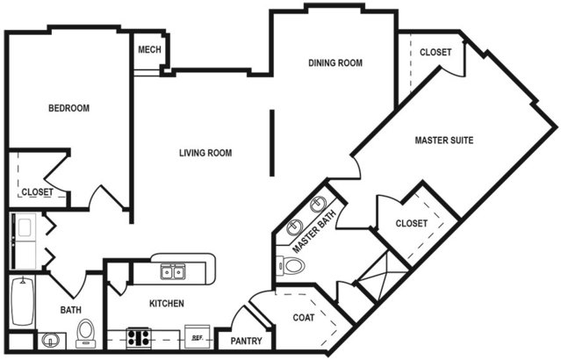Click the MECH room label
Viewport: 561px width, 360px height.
pyautogui.click(x=149, y=49)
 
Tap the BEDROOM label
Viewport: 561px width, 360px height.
pyautogui.click(x=69, y=108)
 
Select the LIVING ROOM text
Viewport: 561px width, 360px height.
pyautogui.click(x=205, y=153)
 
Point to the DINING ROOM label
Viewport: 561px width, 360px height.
pyautogui.click(x=335, y=63)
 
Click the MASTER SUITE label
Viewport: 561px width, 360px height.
pyautogui.click(x=444, y=140)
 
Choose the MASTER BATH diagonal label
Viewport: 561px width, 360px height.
pyautogui.click(x=314, y=232)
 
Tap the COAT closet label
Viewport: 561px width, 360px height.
pyautogui.click(x=304, y=318)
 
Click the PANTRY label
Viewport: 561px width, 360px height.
pyautogui.click(x=246, y=341)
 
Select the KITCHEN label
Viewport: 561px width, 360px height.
pyautogui.click(x=167, y=304)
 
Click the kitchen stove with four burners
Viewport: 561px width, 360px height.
pyautogui.click(x=139, y=338)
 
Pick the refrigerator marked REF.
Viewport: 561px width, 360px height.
pyautogui.click(x=198, y=337)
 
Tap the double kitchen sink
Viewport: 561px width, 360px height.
pyautogui.click(x=173, y=272)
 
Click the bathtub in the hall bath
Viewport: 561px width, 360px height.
pyautogui.click(x=22, y=302)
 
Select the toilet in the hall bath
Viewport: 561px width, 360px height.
pyautogui.click(x=85, y=333)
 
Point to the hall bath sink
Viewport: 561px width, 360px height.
pyautogui.click(x=50, y=341)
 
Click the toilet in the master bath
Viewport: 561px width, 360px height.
pyautogui.click(x=291, y=266)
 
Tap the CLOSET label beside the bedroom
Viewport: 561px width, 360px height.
pyautogui.click(x=37, y=192)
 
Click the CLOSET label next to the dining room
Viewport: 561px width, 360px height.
pyautogui.click(x=435, y=53)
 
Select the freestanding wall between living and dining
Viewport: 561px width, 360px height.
pyautogui.click(x=272, y=143)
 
